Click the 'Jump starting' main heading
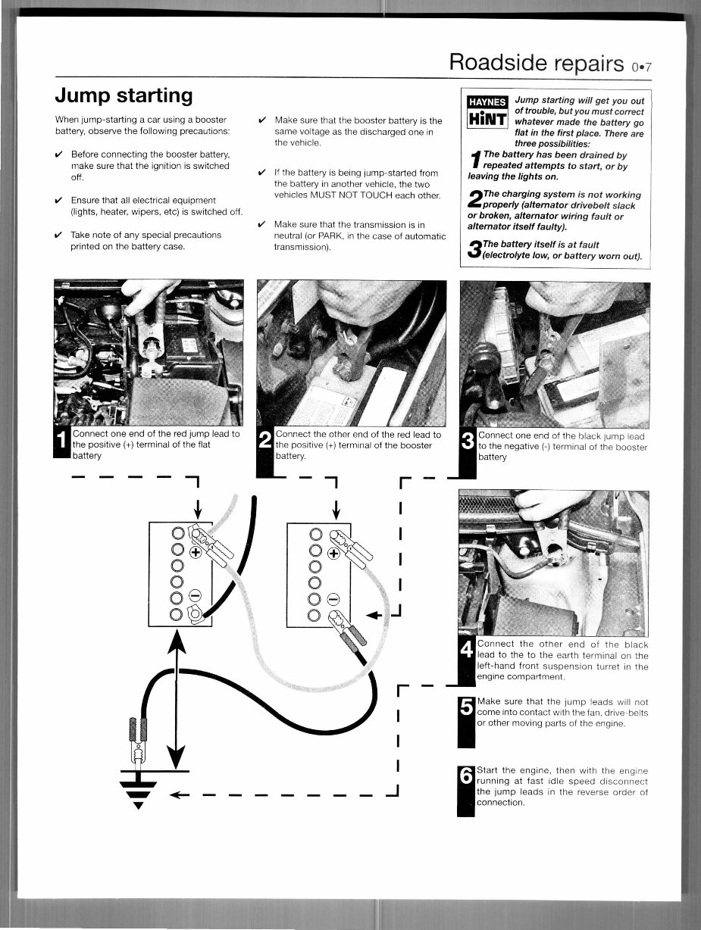[x=124, y=95]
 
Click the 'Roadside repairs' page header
[x=536, y=62]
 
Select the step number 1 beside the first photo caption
[x=63, y=445]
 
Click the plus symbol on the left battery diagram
[x=195, y=552]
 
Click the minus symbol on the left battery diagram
[x=195, y=596]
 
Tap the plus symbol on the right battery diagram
[x=331, y=552]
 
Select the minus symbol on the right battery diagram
[x=331, y=596]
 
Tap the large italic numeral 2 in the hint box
[x=474, y=200]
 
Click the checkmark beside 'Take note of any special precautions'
[x=59, y=235]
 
